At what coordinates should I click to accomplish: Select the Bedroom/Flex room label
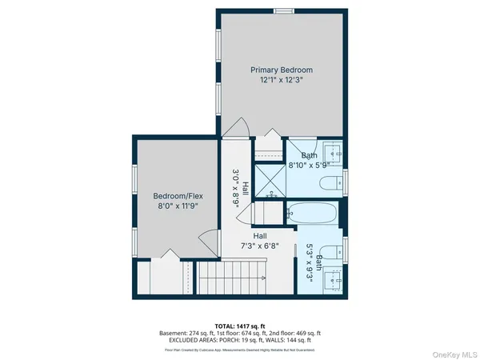[175, 194]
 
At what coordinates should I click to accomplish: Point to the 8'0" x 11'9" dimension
[175, 206]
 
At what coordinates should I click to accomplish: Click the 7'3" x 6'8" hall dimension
[259, 247]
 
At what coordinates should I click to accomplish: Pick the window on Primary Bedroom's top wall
[282, 10]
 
